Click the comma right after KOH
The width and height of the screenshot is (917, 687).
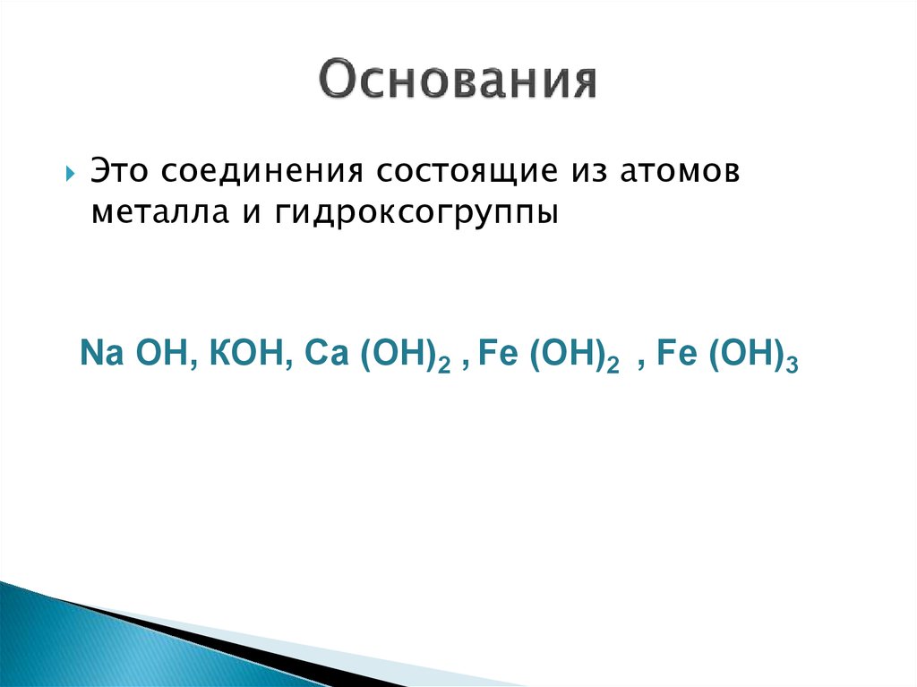[287, 361]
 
